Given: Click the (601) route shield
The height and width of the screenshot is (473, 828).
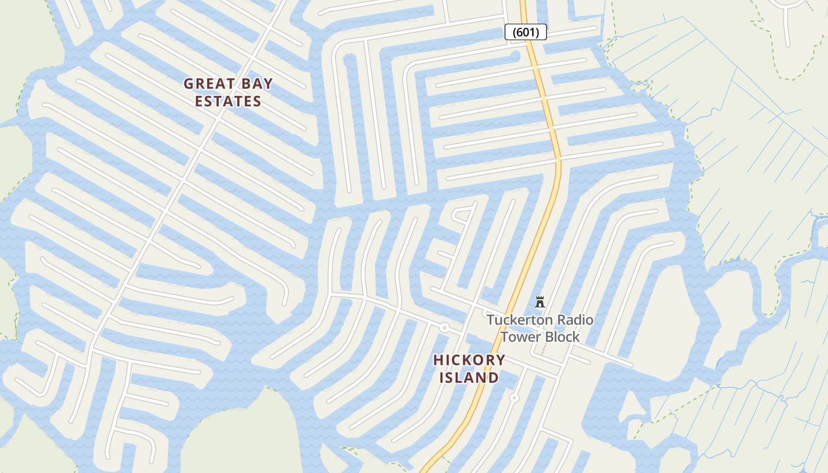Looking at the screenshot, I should point(525,32).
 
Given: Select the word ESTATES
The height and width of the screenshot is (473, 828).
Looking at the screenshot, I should point(228,102).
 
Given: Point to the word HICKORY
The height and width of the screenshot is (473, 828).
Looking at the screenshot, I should point(469,360).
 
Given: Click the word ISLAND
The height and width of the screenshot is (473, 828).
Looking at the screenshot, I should point(469,378).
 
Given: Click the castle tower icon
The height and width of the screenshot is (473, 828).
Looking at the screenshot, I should point(539,302).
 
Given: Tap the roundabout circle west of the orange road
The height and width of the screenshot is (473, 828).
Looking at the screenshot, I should point(444,328).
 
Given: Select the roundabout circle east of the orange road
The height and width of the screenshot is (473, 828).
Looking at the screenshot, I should point(515,398).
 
